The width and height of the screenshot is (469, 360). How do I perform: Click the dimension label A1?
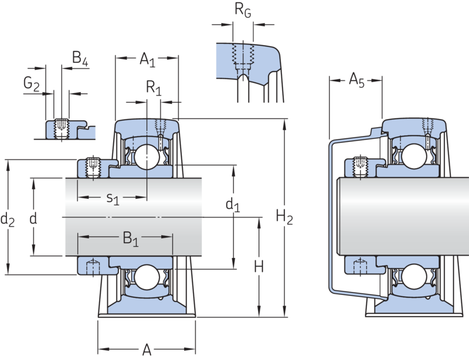(147, 59)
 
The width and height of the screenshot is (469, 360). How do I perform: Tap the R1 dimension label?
(154, 89)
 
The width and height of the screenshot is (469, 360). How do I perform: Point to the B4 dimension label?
(80, 57)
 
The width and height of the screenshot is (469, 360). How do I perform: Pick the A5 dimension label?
(356, 80)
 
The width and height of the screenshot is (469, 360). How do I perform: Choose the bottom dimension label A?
(147, 350)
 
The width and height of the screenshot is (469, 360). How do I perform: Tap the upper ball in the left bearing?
(145, 155)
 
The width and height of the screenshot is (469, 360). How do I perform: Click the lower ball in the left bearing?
(145, 277)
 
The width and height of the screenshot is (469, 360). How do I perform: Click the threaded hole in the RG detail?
(243, 55)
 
